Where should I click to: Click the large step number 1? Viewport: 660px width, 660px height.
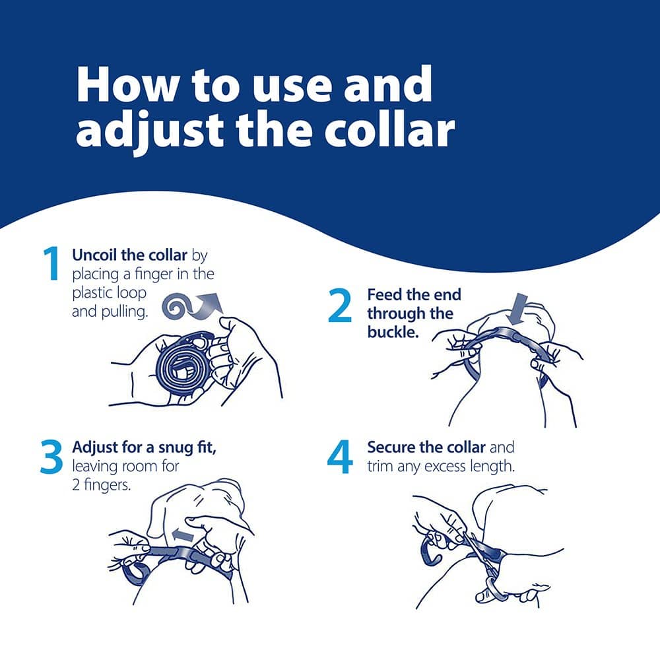tap(51, 264)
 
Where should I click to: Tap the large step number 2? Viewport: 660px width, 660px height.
tap(340, 306)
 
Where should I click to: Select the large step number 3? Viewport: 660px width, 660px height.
tap(51, 457)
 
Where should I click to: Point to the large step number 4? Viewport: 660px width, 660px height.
tap(340, 457)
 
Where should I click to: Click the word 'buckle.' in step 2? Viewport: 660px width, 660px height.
tap(393, 332)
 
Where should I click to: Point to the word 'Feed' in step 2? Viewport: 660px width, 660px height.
tap(384, 294)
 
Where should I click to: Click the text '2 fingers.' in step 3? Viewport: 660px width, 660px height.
tap(102, 485)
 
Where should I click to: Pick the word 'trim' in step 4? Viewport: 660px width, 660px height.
tap(381, 467)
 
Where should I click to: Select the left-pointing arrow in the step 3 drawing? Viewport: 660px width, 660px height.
tap(183, 535)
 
